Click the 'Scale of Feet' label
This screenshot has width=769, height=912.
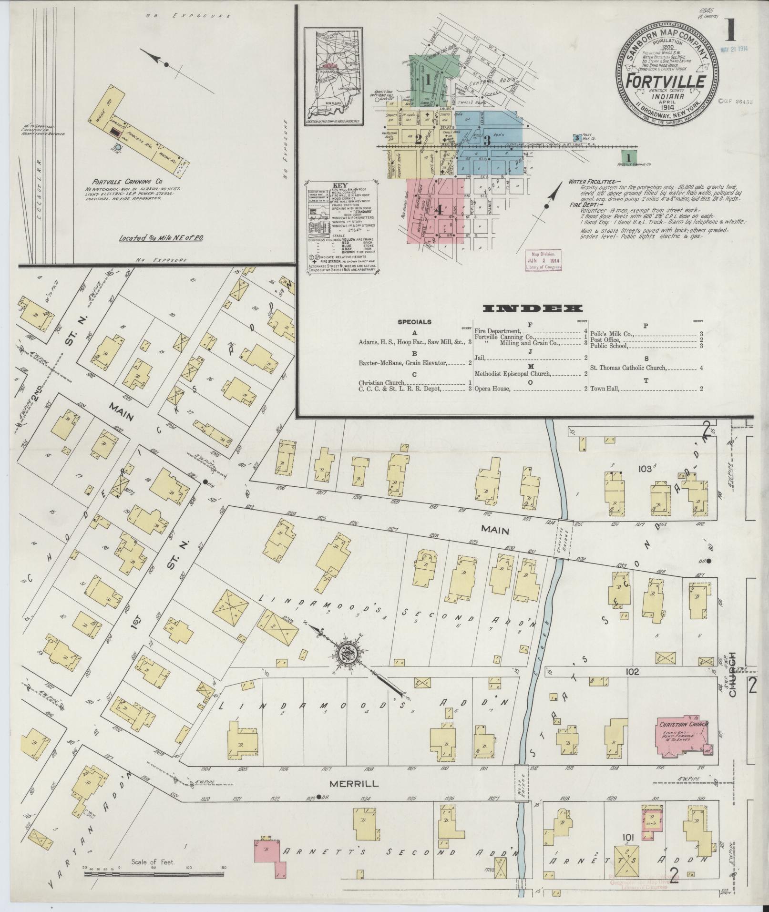pos(154,862)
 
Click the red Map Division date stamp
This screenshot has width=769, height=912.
pos(543,261)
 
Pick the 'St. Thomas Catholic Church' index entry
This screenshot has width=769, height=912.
pos(628,368)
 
